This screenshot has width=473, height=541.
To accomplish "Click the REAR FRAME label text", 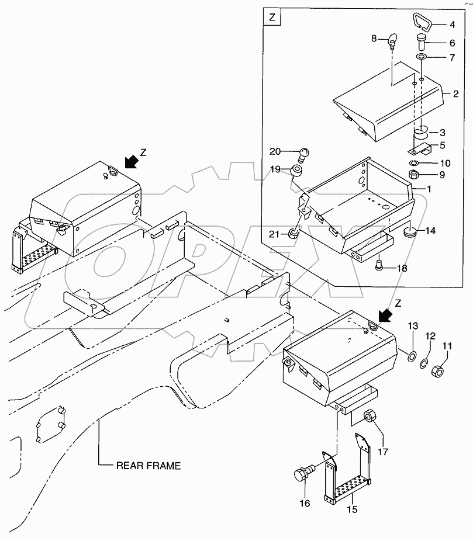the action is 149,466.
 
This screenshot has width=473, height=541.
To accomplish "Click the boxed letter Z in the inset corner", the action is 272,17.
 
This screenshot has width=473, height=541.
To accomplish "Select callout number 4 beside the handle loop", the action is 453,25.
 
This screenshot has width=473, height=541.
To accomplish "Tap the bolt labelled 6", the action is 421,41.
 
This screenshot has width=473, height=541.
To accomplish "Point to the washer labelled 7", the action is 421,57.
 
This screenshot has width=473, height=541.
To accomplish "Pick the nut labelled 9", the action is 413,175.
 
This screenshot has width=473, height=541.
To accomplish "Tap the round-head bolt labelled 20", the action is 303,155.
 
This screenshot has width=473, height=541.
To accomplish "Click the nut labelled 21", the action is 293,235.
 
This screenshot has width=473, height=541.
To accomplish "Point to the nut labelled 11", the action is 438,371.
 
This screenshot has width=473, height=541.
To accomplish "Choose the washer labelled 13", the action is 412,356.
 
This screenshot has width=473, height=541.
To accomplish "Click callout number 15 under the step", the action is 352,509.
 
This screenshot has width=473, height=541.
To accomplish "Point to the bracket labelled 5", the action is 420,149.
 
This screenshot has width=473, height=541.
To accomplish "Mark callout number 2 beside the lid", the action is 455,94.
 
